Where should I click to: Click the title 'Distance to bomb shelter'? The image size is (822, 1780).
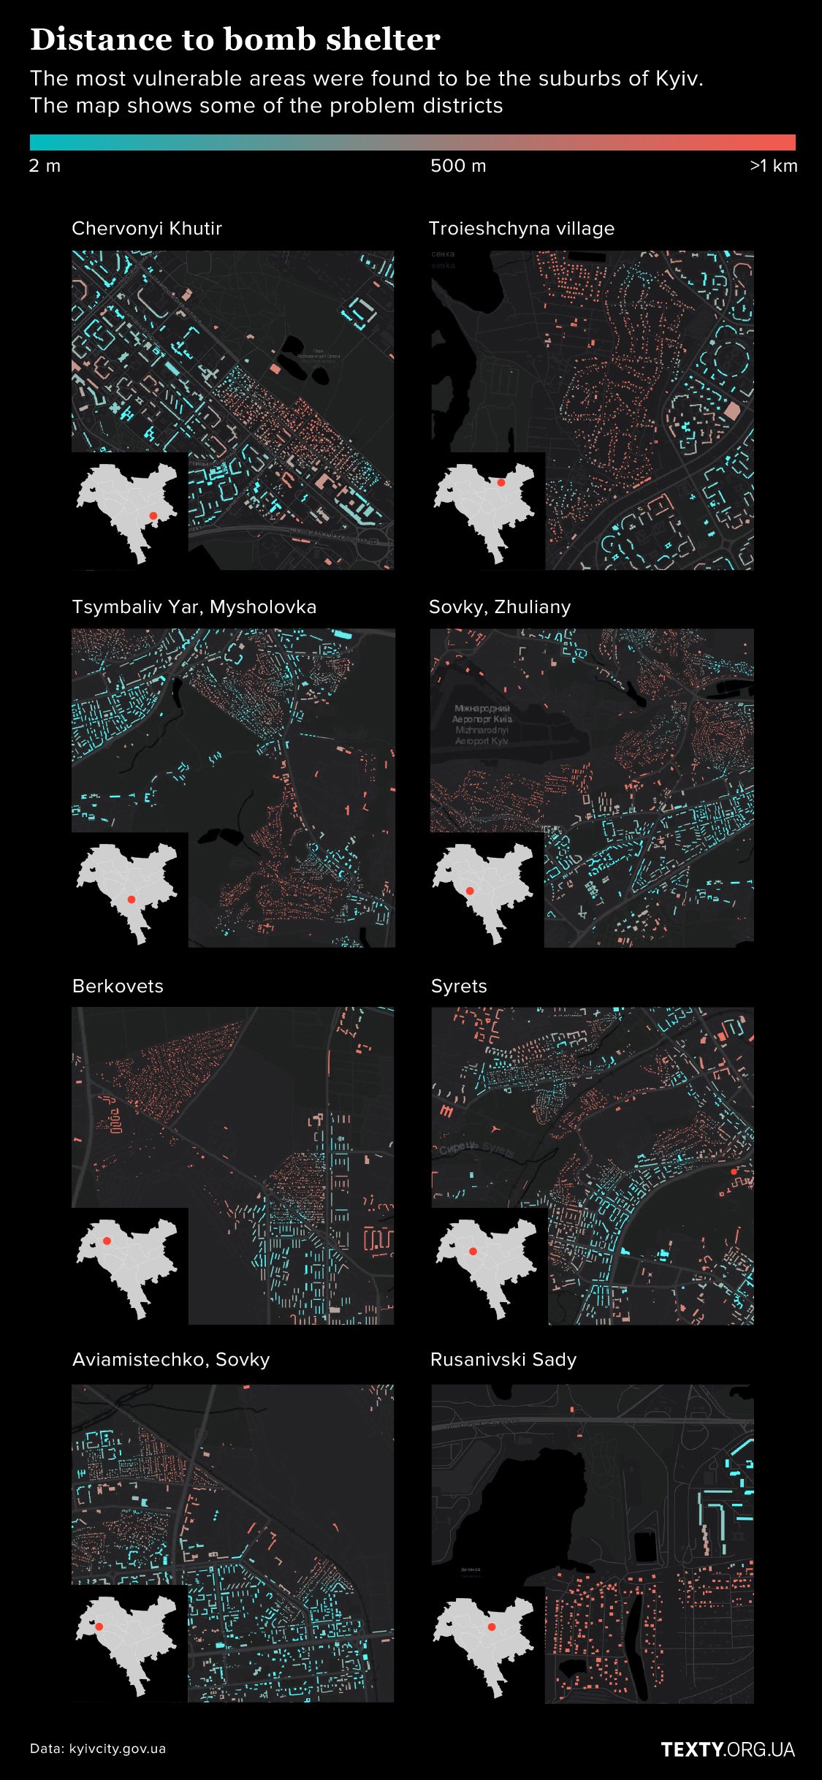pyautogui.click(x=235, y=39)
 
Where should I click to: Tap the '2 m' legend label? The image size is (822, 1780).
pyautogui.click(x=45, y=166)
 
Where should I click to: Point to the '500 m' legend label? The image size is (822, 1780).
pyautogui.click(x=458, y=166)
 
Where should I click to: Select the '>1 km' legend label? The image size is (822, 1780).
pyautogui.click(x=773, y=166)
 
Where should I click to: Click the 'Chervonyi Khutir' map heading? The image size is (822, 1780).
pyautogui.click(x=147, y=229)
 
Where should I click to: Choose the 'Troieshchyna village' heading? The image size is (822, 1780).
pyautogui.click(x=522, y=229)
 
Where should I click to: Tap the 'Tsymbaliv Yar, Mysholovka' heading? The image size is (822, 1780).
pyautogui.click(x=194, y=607)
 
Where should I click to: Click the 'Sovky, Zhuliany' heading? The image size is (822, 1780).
pyautogui.click(x=500, y=607)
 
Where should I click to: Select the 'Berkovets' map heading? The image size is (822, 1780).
pyautogui.click(x=118, y=986)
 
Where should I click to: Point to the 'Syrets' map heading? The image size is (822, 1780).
pyautogui.click(x=459, y=986)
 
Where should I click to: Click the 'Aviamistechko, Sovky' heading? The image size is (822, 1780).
pyautogui.click(x=171, y=1360)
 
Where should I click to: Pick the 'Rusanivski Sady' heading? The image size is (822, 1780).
pyautogui.click(x=503, y=1360)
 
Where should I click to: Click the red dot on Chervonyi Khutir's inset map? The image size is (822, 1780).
pyautogui.click(x=153, y=516)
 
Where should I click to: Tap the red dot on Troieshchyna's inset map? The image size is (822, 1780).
pyautogui.click(x=501, y=482)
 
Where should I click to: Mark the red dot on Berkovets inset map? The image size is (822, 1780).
pyautogui.click(x=107, y=1241)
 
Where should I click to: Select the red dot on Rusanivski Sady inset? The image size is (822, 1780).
pyautogui.click(x=492, y=1627)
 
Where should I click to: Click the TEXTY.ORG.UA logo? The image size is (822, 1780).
pyautogui.click(x=728, y=1749)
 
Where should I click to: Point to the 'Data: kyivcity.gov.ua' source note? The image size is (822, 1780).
pyautogui.click(x=98, y=1749)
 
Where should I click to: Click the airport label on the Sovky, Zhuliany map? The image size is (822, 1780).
pyautogui.click(x=482, y=724)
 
